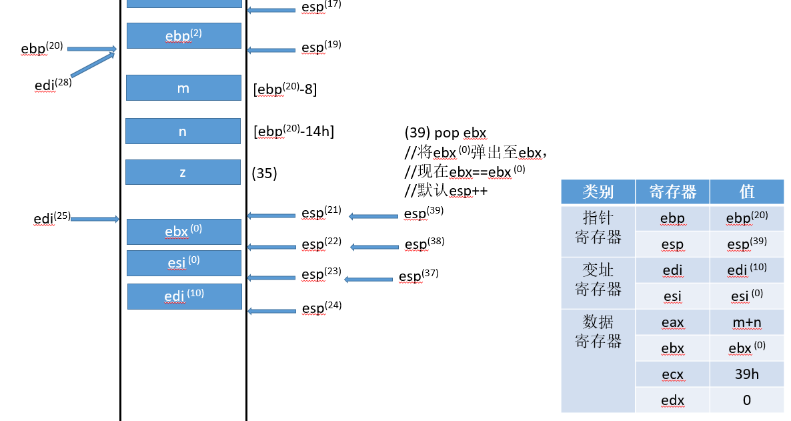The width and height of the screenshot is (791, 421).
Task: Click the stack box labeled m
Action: [183, 88]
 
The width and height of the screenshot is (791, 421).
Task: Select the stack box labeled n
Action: [183, 131]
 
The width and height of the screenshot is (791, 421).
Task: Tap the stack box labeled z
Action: [183, 172]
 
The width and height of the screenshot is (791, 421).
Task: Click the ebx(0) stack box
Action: [183, 232]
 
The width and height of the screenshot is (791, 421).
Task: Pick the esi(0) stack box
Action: [183, 263]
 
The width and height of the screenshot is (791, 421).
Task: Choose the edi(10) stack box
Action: [184, 296]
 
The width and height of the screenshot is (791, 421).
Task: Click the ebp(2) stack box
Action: [183, 35]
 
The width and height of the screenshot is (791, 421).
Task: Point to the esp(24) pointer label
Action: [321, 308]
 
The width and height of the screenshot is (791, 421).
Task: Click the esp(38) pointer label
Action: [424, 244]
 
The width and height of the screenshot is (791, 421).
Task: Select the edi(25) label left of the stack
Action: [51, 218]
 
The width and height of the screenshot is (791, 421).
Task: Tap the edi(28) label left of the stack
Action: [53, 85]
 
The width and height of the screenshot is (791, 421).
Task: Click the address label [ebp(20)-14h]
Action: [293, 131]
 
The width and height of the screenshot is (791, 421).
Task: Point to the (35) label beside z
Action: [264, 173]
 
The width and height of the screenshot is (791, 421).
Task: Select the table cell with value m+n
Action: [746, 322]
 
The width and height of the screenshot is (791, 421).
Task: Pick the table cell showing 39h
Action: [746, 374]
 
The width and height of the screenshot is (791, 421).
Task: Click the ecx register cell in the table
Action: [672, 374]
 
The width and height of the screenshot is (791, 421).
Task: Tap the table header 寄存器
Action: [672, 192]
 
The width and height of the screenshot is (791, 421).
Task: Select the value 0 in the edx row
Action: [746, 400]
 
